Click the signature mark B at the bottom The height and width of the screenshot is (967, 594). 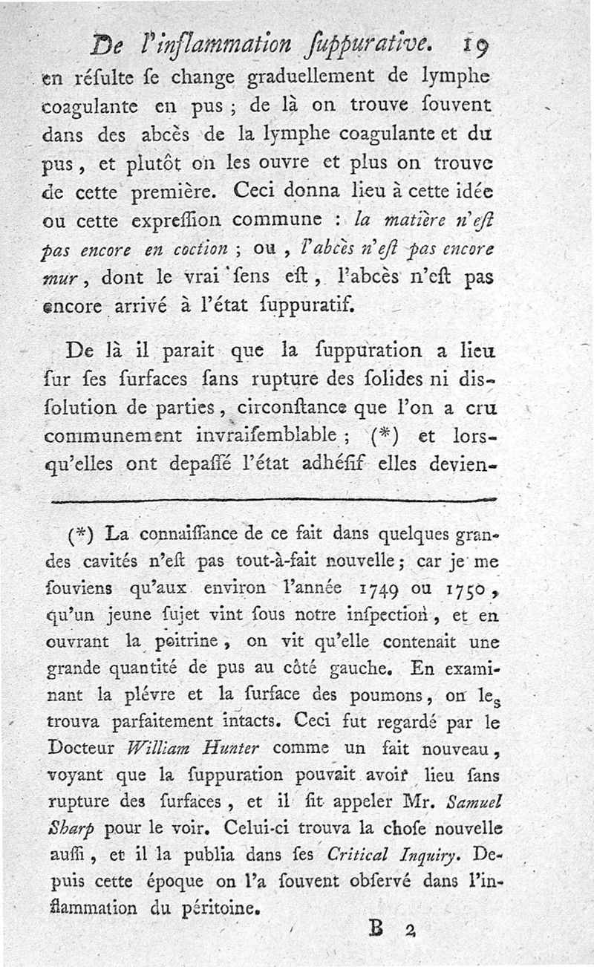point(376,928)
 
